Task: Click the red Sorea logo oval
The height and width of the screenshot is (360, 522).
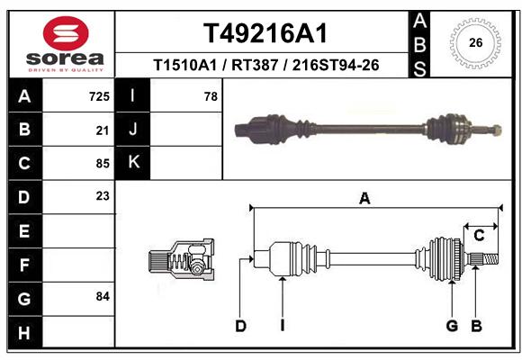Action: click(x=66, y=33)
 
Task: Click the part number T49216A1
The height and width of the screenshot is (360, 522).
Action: click(x=265, y=33)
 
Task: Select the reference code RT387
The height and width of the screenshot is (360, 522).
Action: click(x=255, y=65)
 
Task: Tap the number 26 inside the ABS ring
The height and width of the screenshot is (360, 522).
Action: click(x=476, y=42)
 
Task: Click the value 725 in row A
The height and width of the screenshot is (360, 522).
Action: click(x=99, y=96)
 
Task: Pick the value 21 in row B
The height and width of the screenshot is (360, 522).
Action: click(x=103, y=130)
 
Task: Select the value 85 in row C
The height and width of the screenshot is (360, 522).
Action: click(x=103, y=164)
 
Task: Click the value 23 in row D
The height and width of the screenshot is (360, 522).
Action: click(x=103, y=196)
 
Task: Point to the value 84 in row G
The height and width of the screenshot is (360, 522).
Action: click(x=103, y=296)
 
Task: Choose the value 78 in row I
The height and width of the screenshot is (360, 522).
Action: click(x=211, y=96)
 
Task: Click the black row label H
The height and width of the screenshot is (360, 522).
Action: click(x=25, y=332)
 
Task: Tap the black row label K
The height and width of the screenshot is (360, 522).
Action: click(x=133, y=163)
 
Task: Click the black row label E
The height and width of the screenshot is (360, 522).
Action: click(x=25, y=230)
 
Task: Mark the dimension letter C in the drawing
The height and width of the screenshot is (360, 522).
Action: click(x=479, y=236)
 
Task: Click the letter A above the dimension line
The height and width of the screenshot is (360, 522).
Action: click(x=364, y=199)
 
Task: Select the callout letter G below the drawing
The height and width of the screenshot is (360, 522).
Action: click(x=452, y=326)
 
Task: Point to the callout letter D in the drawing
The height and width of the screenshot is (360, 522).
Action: click(x=240, y=326)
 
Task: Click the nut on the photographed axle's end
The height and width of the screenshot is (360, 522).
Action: click(x=497, y=130)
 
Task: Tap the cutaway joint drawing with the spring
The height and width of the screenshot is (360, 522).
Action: click(x=182, y=259)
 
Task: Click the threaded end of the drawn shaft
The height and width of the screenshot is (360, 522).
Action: click(x=491, y=259)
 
